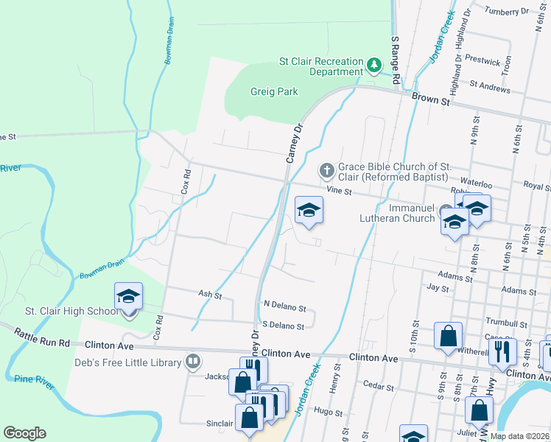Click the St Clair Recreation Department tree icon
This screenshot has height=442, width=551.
(375, 66)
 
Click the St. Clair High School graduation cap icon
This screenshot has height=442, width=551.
(129, 297)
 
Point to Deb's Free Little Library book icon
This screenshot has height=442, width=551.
(192, 362)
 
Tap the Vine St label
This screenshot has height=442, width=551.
(341, 191)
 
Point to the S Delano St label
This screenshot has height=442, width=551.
(284, 326)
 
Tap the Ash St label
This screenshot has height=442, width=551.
(210, 294)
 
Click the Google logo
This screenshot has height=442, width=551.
(24, 433)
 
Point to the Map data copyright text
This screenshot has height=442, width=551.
(519, 436)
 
